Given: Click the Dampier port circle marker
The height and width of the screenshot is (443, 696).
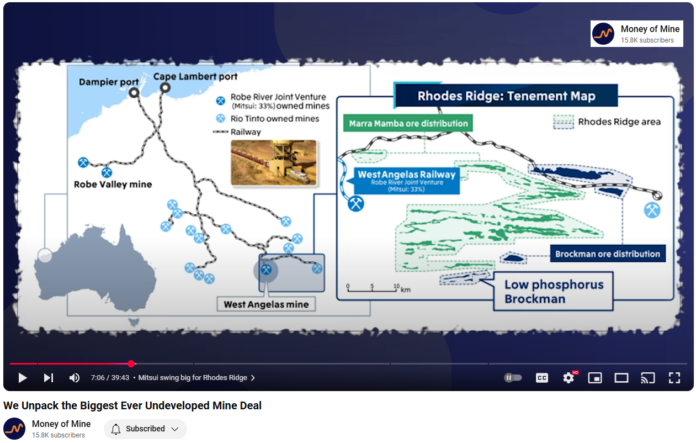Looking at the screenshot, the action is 134,93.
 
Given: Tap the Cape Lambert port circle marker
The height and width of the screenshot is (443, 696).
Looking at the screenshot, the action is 165,88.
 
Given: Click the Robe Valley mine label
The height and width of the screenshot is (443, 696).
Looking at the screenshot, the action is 113,184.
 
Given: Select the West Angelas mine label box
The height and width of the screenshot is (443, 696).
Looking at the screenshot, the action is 266,304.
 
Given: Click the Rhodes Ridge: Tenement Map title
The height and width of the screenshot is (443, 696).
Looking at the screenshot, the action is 506,96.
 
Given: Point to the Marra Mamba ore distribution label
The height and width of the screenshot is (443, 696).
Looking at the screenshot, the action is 408,123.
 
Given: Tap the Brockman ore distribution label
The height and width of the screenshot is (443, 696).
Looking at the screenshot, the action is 608,254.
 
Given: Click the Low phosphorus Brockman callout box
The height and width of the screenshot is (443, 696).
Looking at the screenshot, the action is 553,291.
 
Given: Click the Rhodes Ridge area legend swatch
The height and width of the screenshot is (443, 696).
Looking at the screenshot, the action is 564,122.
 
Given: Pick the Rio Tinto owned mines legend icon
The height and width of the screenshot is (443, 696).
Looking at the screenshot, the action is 220,118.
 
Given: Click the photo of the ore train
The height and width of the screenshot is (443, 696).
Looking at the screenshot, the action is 273,162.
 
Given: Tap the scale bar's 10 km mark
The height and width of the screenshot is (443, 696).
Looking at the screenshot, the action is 396,288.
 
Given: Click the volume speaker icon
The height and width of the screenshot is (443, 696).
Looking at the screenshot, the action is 75,378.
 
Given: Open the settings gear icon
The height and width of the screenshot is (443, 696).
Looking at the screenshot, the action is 569,378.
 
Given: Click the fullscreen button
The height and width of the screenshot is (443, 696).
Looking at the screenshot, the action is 674,378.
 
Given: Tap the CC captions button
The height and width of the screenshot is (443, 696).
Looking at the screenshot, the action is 542,378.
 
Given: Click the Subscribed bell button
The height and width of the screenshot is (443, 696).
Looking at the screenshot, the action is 145,429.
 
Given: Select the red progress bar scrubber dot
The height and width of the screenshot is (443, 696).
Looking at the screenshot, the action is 131,363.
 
